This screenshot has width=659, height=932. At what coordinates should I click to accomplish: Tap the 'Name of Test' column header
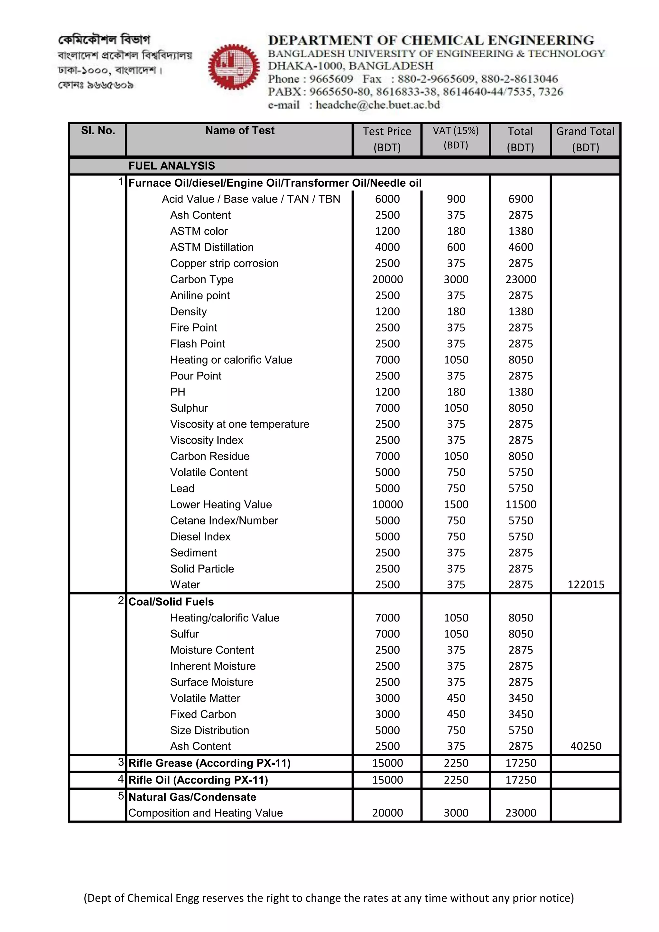click(239, 130)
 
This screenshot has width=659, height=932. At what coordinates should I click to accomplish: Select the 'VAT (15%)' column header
click(455, 131)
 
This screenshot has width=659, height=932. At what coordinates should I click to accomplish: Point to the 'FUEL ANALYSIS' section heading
click(172, 166)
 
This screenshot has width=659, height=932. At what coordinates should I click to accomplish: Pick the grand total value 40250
click(586, 746)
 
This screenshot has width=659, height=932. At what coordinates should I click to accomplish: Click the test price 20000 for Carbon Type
click(387, 279)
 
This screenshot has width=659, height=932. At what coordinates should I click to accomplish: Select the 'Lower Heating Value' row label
click(221, 504)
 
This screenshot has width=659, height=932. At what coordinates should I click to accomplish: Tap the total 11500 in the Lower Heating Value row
click(521, 504)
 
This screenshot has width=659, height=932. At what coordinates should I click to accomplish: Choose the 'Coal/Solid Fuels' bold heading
click(171, 601)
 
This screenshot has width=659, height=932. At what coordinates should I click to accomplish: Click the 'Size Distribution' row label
click(209, 730)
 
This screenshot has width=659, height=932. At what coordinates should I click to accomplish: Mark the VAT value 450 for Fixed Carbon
click(456, 714)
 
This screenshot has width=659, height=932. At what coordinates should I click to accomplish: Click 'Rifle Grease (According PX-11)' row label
click(209, 763)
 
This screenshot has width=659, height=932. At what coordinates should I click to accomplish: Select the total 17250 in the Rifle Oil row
click(521, 780)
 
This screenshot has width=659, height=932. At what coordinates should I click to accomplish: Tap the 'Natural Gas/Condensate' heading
click(192, 797)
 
